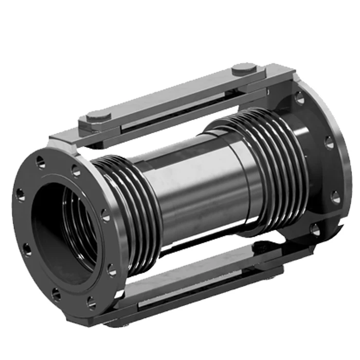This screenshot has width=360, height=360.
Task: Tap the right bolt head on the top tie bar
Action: click(x=245, y=68)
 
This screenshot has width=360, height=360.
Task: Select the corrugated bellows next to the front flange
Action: click(x=129, y=206)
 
